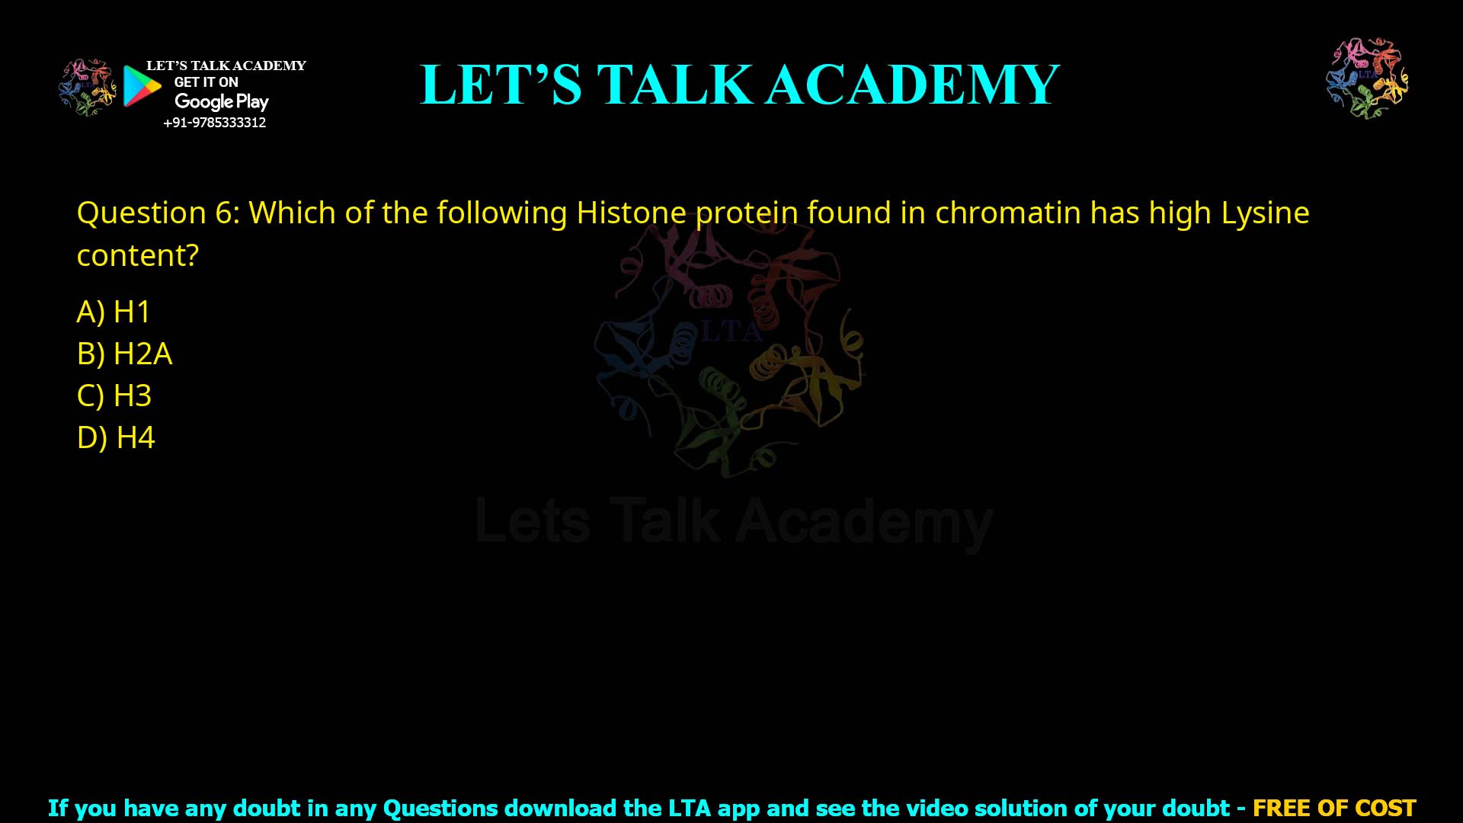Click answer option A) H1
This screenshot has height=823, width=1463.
[114, 312]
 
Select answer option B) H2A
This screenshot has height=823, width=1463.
[125, 354]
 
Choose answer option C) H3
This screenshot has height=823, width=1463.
[114, 395]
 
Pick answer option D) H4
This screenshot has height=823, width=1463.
[116, 437]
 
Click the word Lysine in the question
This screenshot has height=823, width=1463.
[1265, 213]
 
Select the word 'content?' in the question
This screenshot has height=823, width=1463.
[138, 255]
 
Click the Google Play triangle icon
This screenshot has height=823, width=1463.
[142, 86]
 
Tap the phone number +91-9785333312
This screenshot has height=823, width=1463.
[215, 123]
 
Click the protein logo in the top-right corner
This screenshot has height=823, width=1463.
[1367, 78]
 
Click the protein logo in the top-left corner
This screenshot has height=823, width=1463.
[88, 87]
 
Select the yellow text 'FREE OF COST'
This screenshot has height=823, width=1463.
[1334, 808]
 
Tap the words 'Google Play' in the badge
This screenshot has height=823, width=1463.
[222, 101]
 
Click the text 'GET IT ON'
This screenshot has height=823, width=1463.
[206, 82]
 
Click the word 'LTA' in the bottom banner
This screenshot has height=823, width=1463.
[690, 808]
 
